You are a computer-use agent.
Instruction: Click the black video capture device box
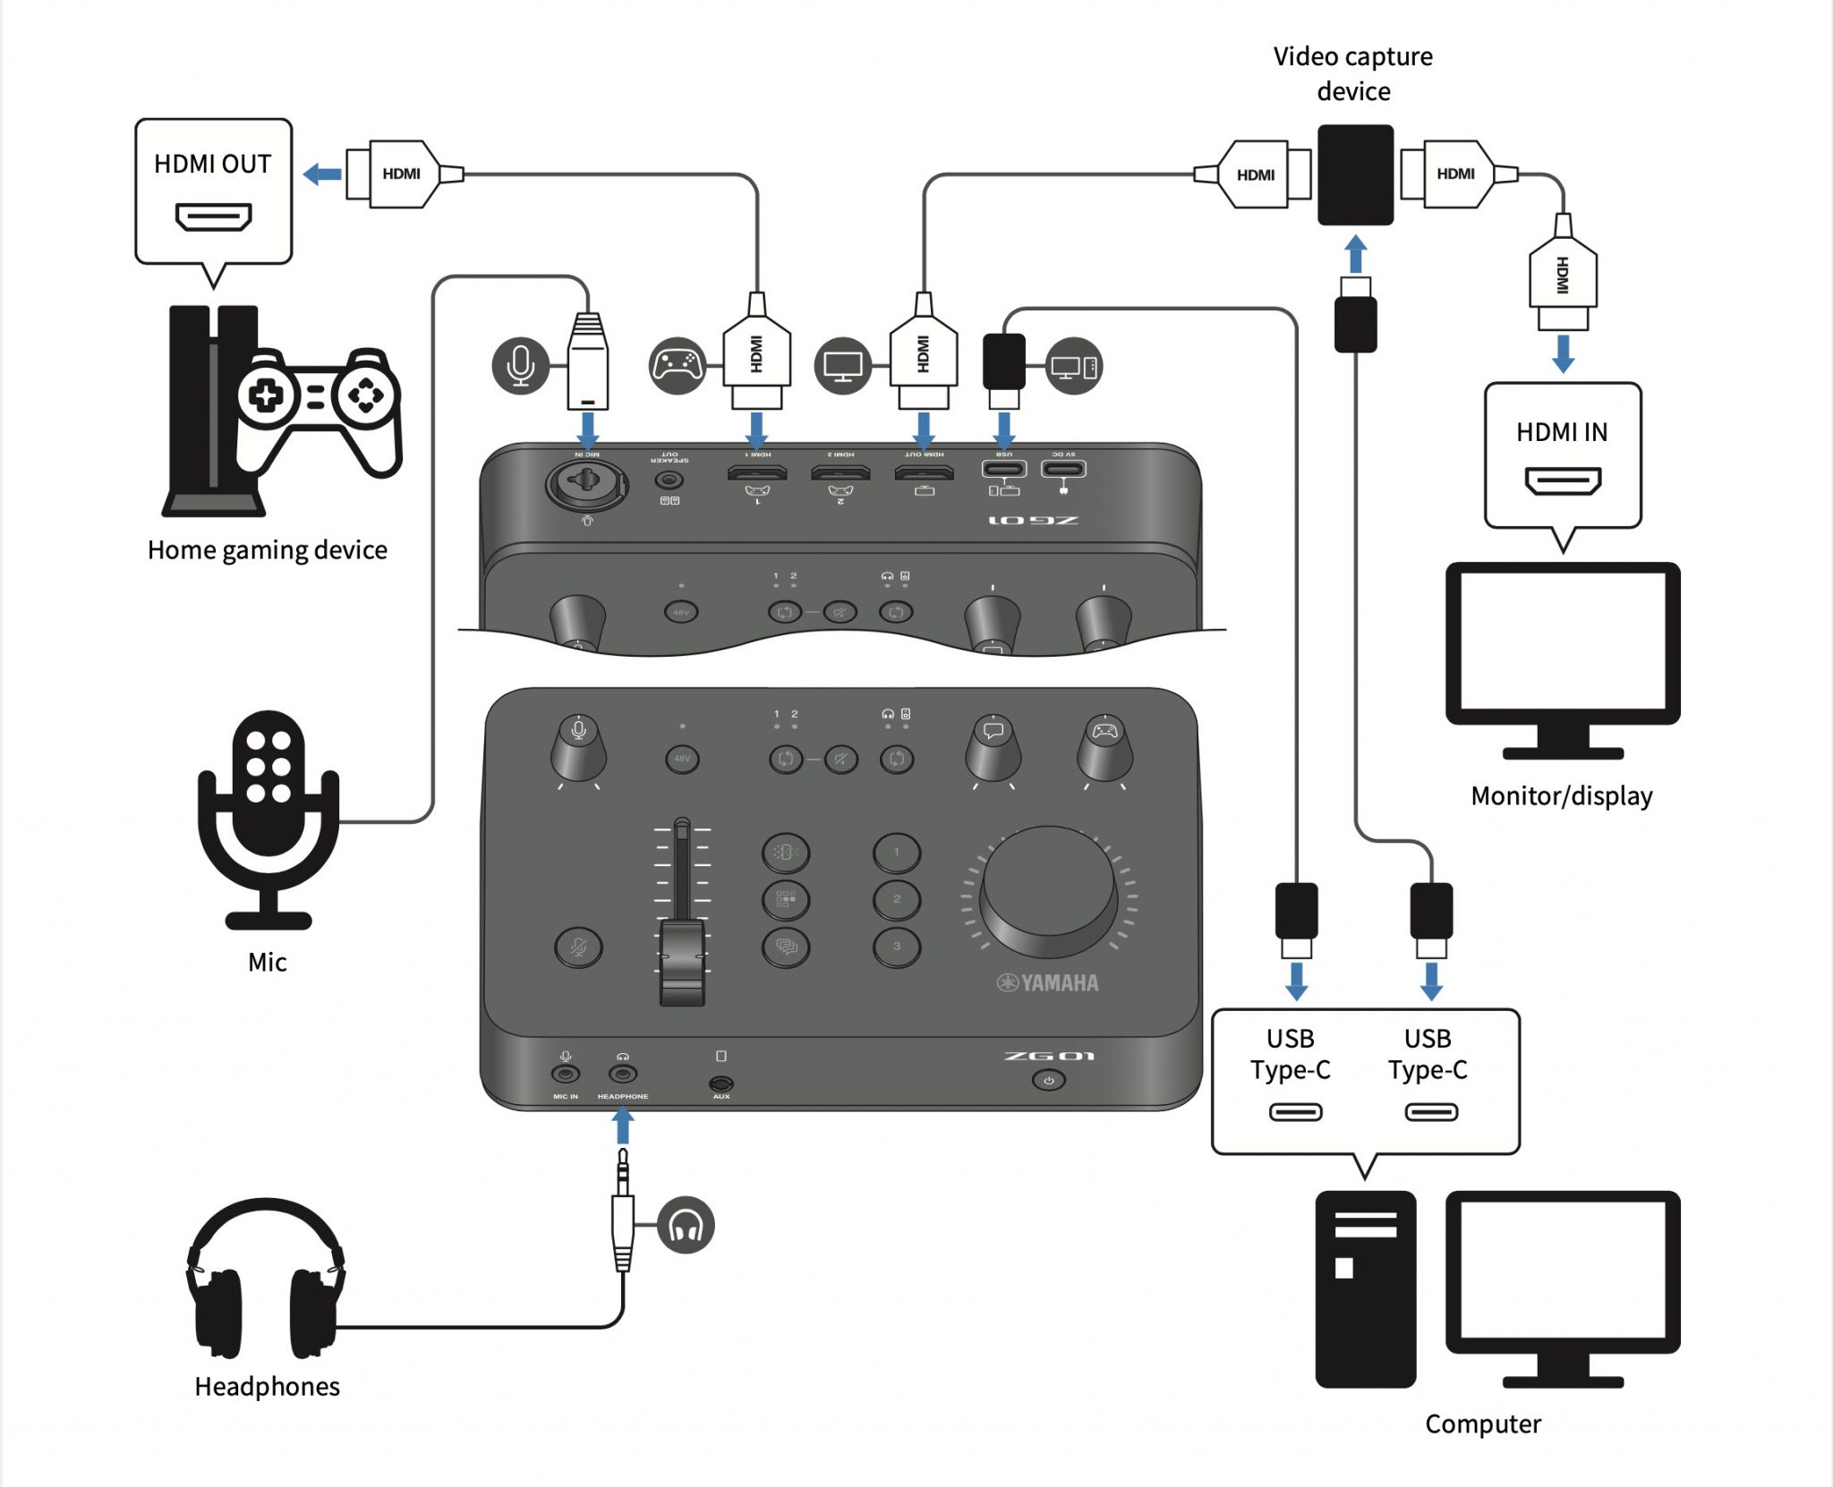(x=1355, y=174)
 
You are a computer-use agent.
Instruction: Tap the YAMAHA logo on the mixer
(x=1048, y=983)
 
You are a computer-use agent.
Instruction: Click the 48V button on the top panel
(x=682, y=759)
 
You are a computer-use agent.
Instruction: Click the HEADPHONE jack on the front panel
(x=623, y=1074)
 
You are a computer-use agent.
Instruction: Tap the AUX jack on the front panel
(x=721, y=1083)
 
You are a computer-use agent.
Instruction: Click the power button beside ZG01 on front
(x=1049, y=1081)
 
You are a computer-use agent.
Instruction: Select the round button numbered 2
(x=897, y=899)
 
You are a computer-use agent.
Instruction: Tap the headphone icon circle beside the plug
(x=686, y=1225)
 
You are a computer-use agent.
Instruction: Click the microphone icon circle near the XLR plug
(x=520, y=365)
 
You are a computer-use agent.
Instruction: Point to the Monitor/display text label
(x=1562, y=795)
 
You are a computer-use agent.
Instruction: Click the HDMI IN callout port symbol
(x=1563, y=482)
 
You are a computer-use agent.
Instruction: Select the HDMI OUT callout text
(x=213, y=165)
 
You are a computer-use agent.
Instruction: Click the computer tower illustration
(x=1365, y=1289)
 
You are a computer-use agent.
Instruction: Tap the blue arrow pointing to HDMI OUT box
(x=323, y=174)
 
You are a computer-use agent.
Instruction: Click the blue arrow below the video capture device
(x=1356, y=253)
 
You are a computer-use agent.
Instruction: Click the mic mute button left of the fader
(x=578, y=947)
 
